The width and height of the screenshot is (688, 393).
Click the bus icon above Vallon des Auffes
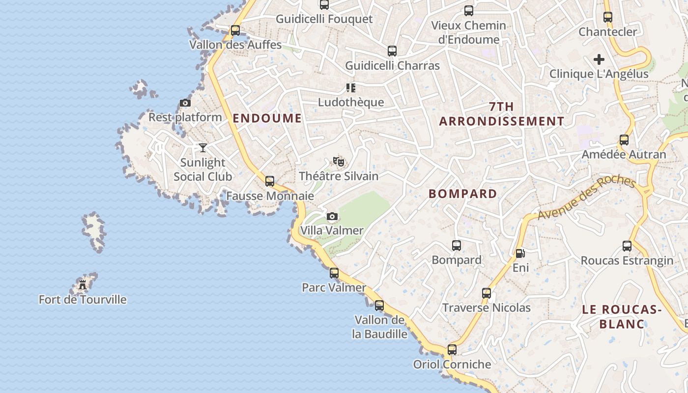coord(235,30)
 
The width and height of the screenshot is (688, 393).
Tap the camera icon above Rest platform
coord(185,103)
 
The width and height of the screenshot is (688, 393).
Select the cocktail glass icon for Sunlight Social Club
coord(203,148)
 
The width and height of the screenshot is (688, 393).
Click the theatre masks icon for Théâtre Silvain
coord(339,161)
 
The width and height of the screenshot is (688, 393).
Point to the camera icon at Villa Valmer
coord(332,217)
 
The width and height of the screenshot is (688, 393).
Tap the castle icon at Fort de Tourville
coord(83,285)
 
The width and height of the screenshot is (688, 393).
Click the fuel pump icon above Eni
coord(520,253)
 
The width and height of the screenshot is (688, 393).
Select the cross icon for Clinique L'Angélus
coord(599,59)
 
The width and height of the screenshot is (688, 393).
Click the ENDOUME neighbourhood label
coord(267,118)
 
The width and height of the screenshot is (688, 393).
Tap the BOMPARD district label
coord(463,194)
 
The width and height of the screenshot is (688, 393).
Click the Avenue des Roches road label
coord(586,197)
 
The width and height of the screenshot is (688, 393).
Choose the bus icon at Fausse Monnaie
coord(270,181)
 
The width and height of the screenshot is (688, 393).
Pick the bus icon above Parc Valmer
coord(334,273)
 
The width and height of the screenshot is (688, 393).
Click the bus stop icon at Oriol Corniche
coord(452,350)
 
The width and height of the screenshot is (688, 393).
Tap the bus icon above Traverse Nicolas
coord(487,293)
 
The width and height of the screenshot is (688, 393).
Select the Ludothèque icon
coord(350,88)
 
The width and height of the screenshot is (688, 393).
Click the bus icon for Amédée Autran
coord(624,140)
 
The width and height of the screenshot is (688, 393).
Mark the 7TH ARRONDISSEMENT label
coord(502,114)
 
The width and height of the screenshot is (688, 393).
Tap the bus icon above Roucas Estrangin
coord(627,246)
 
